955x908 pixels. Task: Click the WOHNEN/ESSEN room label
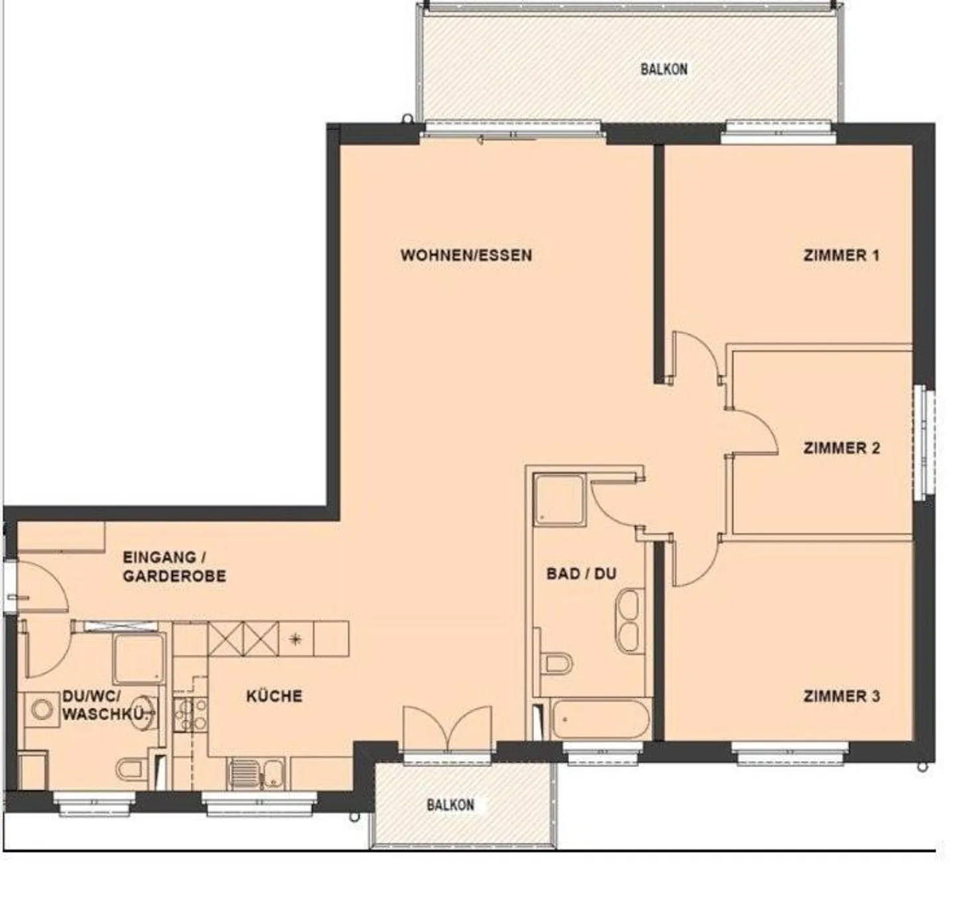click(x=466, y=255)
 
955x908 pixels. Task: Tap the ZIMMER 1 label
click(x=841, y=255)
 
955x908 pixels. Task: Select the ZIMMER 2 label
click(x=841, y=448)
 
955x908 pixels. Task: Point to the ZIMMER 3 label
click(x=841, y=696)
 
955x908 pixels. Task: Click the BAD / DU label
click(x=581, y=573)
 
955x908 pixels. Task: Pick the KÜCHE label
click(x=274, y=696)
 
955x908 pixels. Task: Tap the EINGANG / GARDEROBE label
click(x=174, y=567)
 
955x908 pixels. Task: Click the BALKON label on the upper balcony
click(x=663, y=69)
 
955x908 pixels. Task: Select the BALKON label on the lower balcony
click(x=450, y=805)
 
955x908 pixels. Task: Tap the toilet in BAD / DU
click(x=556, y=663)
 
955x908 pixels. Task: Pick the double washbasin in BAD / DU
click(x=627, y=621)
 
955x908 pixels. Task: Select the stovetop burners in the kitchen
click(x=190, y=714)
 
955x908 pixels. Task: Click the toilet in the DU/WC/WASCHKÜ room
click(x=131, y=769)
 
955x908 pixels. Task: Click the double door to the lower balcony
click(x=448, y=729)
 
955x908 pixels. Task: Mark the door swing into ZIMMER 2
click(x=753, y=432)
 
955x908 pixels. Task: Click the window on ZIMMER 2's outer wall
click(x=923, y=443)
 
